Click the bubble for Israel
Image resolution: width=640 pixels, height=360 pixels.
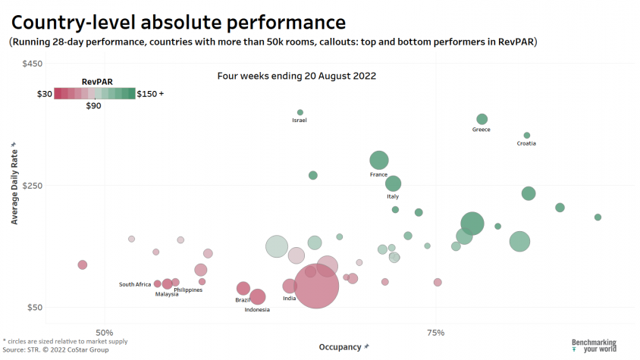(x=300, y=112)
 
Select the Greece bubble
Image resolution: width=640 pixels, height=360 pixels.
(x=482, y=119)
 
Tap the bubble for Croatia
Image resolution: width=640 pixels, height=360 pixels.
(x=527, y=136)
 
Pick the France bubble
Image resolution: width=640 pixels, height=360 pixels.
(x=379, y=160)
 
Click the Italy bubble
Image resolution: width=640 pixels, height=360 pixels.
(x=393, y=183)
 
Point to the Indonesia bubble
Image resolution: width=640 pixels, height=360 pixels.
(x=258, y=297)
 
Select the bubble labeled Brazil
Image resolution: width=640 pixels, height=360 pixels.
(x=243, y=288)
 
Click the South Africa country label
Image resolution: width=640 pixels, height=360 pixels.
(x=135, y=284)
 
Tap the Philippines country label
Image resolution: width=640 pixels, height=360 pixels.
(x=188, y=290)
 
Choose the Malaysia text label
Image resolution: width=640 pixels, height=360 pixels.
(x=167, y=294)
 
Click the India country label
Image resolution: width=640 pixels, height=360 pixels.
(x=289, y=298)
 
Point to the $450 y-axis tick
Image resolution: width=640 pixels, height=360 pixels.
(x=32, y=64)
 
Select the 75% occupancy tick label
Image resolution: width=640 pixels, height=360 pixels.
(x=435, y=333)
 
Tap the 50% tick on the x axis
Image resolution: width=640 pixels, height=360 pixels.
(x=105, y=333)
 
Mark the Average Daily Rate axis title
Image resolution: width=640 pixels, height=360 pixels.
(x=14, y=183)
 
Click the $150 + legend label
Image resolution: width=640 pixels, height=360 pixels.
(x=150, y=94)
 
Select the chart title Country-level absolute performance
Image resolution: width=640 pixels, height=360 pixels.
(x=179, y=21)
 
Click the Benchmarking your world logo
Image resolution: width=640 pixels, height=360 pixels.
(x=594, y=346)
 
